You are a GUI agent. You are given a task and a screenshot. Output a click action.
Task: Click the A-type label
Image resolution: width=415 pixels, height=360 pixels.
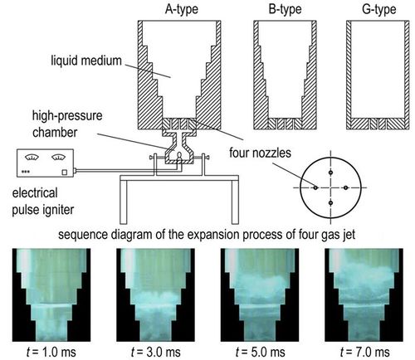(182, 9)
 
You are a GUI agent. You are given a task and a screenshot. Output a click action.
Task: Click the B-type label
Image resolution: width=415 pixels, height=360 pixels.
(285, 9)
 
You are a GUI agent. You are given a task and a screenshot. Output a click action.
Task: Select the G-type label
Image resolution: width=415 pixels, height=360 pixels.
(379, 9)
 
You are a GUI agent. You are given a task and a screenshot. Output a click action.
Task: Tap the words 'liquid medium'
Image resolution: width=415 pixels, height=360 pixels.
(86, 61)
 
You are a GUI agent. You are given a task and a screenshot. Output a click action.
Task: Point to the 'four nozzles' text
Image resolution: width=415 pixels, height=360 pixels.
(260, 153)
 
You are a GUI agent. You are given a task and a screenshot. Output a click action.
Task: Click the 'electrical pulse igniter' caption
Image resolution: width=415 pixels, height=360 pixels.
(43, 202)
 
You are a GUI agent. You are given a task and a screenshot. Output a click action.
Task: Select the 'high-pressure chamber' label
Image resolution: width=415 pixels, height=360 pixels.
(67, 124)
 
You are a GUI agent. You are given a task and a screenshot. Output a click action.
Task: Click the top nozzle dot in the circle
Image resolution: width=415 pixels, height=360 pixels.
(330, 173)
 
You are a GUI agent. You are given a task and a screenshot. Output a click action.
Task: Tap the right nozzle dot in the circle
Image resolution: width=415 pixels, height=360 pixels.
(346, 187)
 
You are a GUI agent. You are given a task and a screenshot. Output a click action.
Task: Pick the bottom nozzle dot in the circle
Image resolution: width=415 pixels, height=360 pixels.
(330, 203)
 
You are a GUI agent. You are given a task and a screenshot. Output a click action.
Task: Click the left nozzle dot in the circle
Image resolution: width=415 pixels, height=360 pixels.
(315, 187)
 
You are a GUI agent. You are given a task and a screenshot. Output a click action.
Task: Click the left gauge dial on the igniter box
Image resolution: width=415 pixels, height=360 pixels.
(32, 158)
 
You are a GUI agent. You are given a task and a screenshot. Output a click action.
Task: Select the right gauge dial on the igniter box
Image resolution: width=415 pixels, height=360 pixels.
(58, 158)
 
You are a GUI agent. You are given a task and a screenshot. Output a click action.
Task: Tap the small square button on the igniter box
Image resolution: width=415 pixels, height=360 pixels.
(64, 173)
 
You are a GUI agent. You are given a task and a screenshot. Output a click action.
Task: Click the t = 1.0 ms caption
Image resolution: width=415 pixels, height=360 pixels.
(51, 353)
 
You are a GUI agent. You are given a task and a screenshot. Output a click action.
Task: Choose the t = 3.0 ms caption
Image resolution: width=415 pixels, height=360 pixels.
(155, 353)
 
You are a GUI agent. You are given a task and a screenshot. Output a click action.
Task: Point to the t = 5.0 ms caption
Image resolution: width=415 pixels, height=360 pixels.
(260, 353)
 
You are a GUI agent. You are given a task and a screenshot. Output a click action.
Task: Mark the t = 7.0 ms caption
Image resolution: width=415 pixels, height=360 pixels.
(364, 353)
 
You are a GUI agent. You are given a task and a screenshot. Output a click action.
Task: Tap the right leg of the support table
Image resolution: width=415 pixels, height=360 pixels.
(235, 202)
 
